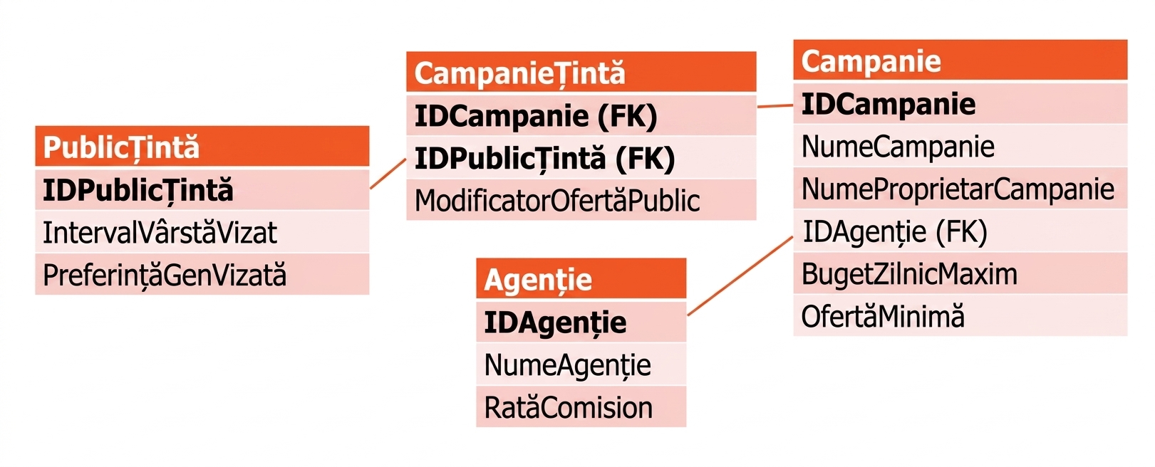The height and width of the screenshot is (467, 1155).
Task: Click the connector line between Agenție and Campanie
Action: [x=740, y=276]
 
